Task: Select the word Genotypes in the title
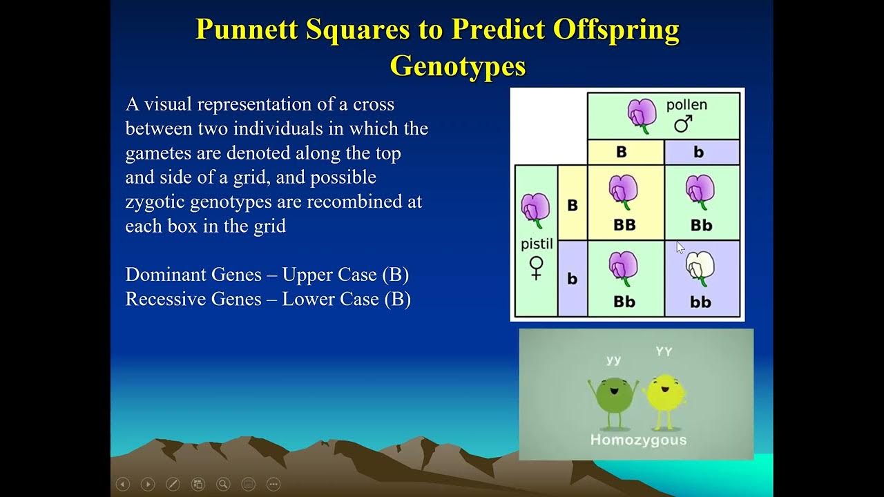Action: tap(458, 66)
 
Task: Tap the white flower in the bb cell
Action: tap(700, 266)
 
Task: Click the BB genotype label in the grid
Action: tap(624, 225)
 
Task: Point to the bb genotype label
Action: tap(700, 302)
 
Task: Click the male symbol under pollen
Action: tap(683, 124)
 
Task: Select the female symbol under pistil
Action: tap(536, 268)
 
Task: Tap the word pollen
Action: tap(686, 105)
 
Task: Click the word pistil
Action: tap(537, 244)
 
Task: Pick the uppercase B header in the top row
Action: tap(621, 152)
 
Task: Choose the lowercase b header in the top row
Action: tap(698, 152)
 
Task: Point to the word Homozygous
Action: tap(638, 440)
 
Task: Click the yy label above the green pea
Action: tap(613, 360)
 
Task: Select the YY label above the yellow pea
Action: tap(664, 352)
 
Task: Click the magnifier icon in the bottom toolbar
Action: tap(223, 484)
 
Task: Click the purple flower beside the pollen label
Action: tap(642, 115)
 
